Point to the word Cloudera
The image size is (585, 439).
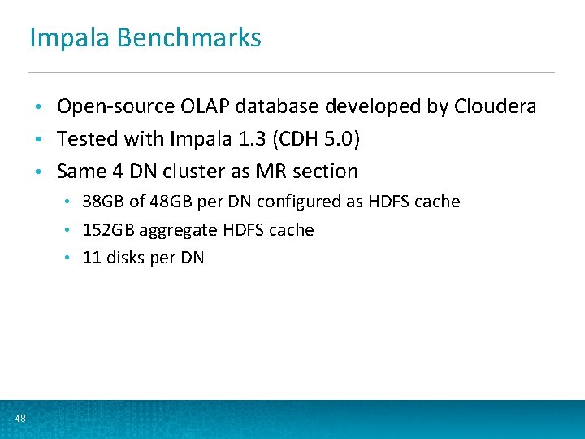496,106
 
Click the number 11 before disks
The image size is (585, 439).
91,258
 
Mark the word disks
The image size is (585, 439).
120,258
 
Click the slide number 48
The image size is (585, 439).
20,419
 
